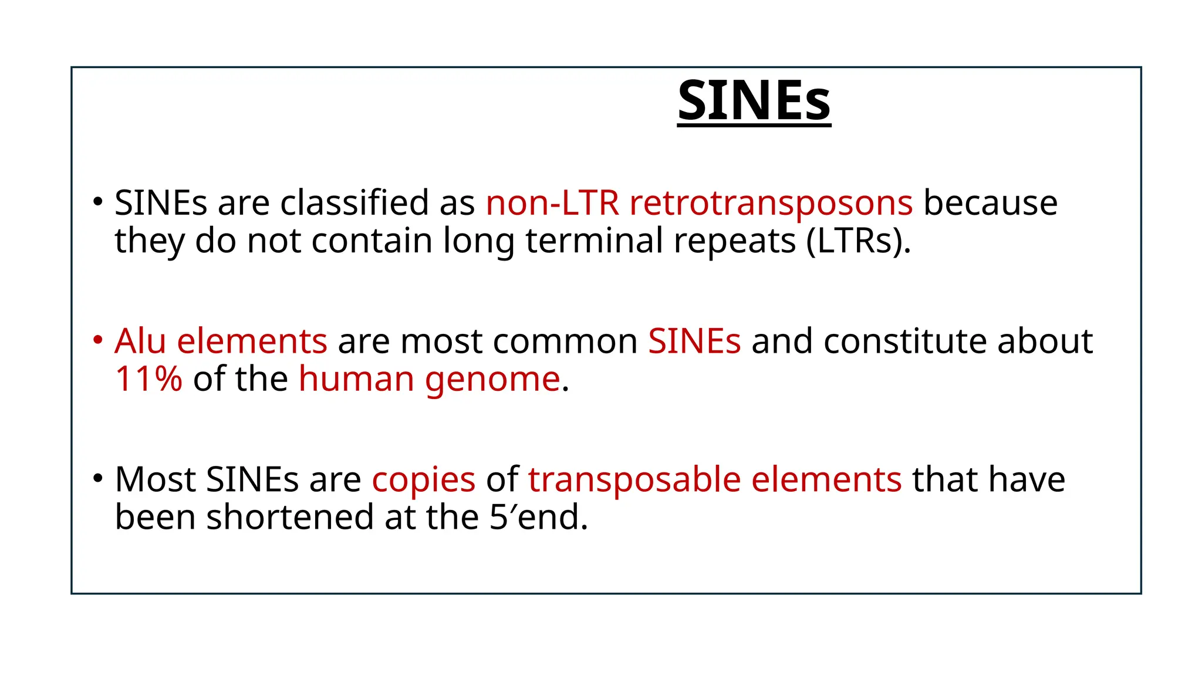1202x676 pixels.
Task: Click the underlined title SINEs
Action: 754,101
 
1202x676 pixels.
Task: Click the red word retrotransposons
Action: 771,203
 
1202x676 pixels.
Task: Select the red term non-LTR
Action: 552,203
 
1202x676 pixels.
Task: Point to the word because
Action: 990,203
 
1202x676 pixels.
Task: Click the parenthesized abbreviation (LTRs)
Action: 857,241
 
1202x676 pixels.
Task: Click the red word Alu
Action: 140,341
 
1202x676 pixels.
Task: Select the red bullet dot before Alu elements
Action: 98,340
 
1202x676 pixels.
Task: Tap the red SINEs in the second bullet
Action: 694,341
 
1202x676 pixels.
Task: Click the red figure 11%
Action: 148,379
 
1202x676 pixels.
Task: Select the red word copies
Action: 423,481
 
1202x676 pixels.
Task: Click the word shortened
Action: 289,518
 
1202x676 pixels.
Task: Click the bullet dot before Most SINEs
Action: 98,478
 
